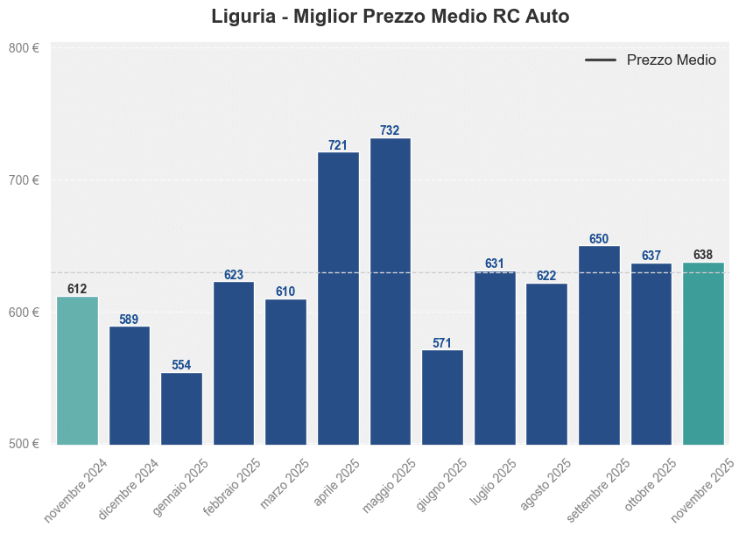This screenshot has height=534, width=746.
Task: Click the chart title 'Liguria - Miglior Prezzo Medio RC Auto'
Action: tap(390, 17)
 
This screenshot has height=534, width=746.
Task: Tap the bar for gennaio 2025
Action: tap(181, 408)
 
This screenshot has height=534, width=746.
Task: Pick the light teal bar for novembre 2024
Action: tap(77, 370)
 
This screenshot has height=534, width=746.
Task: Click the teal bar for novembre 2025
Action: tap(703, 353)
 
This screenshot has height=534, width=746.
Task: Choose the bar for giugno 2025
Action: tap(442, 397)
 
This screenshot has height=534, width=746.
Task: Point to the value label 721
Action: tap(338, 145)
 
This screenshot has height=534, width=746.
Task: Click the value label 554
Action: tap(181, 365)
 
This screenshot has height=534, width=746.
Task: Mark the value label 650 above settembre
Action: tap(599, 239)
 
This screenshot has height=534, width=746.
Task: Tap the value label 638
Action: tap(703, 255)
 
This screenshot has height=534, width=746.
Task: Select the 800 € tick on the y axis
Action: tap(24, 48)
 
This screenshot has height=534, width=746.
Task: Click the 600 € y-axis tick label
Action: tap(24, 313)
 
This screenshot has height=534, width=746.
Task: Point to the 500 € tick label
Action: tap(24, 444)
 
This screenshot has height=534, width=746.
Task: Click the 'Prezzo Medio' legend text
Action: tap(672, 60)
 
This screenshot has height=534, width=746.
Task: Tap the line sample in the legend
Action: tap(601, 60)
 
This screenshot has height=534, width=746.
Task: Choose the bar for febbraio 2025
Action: tap(234, 362)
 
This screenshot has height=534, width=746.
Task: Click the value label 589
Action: tap(129, 320)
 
